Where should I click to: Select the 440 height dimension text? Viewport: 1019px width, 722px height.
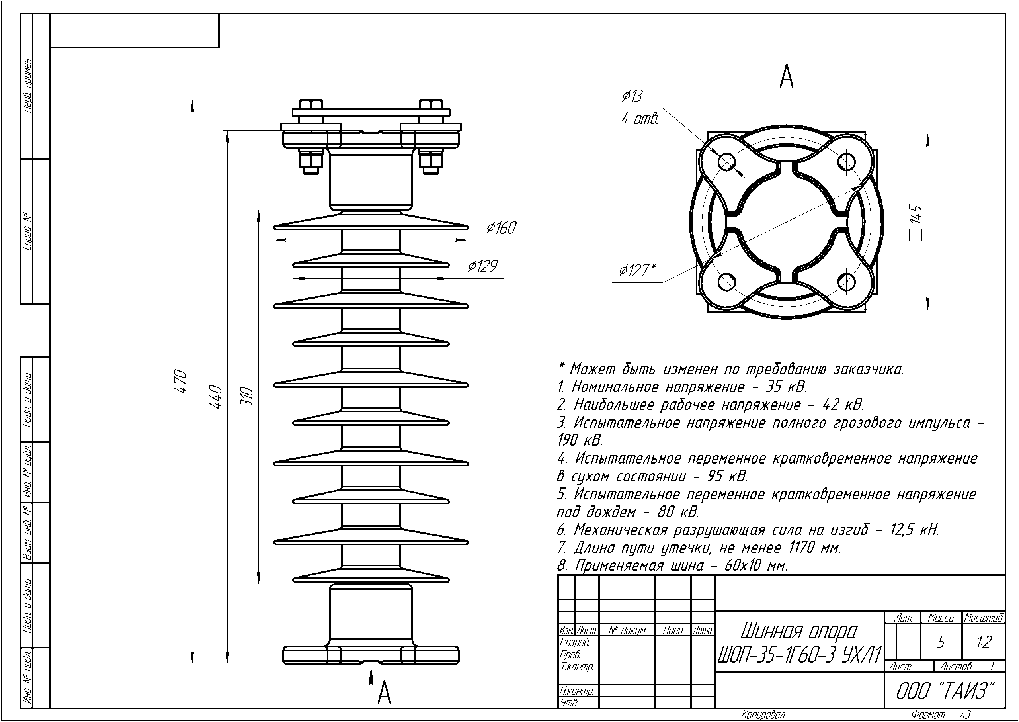(x=216, y=397)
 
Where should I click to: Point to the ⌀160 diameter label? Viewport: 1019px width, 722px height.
(x=501, y=228)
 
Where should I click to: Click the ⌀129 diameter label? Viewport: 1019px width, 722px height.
(x=482, y=266)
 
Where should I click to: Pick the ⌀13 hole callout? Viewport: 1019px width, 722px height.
(x=632, y=96)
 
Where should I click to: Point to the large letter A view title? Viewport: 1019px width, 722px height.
(x=787, y=77)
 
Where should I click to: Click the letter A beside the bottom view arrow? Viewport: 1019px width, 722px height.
(x=385, y=693)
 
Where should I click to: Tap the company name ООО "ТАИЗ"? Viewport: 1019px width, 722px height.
(x=944, y=691)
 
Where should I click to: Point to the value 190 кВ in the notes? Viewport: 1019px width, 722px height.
(x=580, y=440)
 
